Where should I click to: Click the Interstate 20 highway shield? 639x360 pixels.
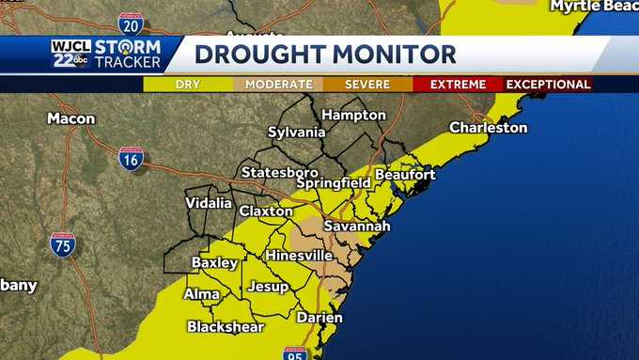[x=132, y=23]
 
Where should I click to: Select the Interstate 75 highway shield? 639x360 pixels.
[x=63, y=244]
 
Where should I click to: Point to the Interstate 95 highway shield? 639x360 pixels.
[x=294, y=354]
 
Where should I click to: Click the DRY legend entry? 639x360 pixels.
[x=188, y=84]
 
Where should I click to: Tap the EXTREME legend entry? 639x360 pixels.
[x=458, y=84]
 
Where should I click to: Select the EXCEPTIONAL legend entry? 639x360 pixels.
[x=549, y=84]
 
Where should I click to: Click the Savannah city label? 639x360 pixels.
[x=356, y=227]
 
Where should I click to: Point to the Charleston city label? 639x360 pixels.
[x=488, y=127]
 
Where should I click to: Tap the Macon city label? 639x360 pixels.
[x=71, y=119]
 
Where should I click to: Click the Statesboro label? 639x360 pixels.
[x=279, y=173]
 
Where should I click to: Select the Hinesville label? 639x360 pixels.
[x=299, y=255]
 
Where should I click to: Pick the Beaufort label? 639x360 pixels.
[x=405, y=175]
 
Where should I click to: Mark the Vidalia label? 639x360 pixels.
[x=209, y=203]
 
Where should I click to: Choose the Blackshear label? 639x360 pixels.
[x=226, y=327]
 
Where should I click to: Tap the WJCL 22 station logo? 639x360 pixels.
[x=71, y=54]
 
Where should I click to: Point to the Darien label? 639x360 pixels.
[x=319, y=318]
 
